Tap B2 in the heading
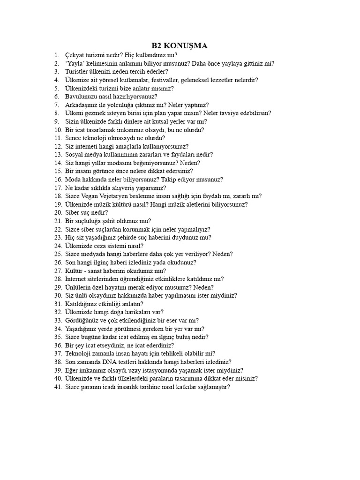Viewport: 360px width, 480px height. tap(157, 45)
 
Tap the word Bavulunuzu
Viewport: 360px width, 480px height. tap(82, 97)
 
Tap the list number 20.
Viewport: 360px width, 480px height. tap(58, 213)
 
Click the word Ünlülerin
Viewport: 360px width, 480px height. tap(79, 287)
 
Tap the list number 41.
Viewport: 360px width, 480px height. tap(58, 387)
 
